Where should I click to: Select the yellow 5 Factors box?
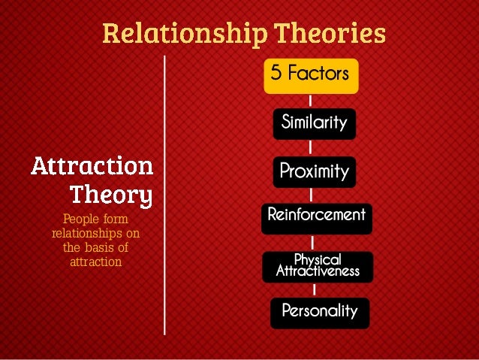311,75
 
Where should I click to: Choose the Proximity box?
314,171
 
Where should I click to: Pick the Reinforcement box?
316,216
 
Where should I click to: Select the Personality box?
319,311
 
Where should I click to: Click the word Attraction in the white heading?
92,167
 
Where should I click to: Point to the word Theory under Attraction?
111,195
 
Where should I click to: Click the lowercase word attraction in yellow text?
95,262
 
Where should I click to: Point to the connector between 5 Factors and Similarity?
310,100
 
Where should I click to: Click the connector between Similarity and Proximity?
311,147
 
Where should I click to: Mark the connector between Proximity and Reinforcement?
312,194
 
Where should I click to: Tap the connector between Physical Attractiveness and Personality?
315,289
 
